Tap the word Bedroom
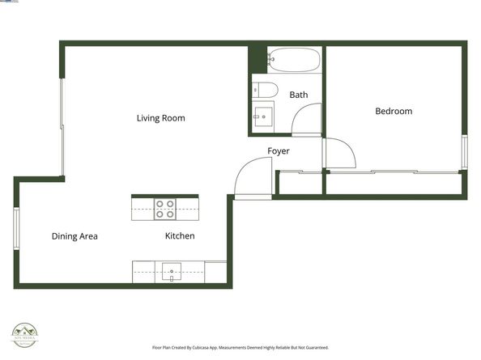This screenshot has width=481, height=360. [394, 112]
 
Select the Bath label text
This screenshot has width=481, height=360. [299, 95]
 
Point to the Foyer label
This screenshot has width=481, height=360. [279, 151]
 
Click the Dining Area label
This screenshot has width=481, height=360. [74, 236]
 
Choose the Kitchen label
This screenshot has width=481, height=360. [180, 236]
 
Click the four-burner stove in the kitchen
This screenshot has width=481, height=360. [165, 210]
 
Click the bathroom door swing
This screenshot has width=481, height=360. [308, 121]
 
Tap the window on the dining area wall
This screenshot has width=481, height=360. [15, 229]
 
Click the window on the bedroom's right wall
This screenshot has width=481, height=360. [464, 151]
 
